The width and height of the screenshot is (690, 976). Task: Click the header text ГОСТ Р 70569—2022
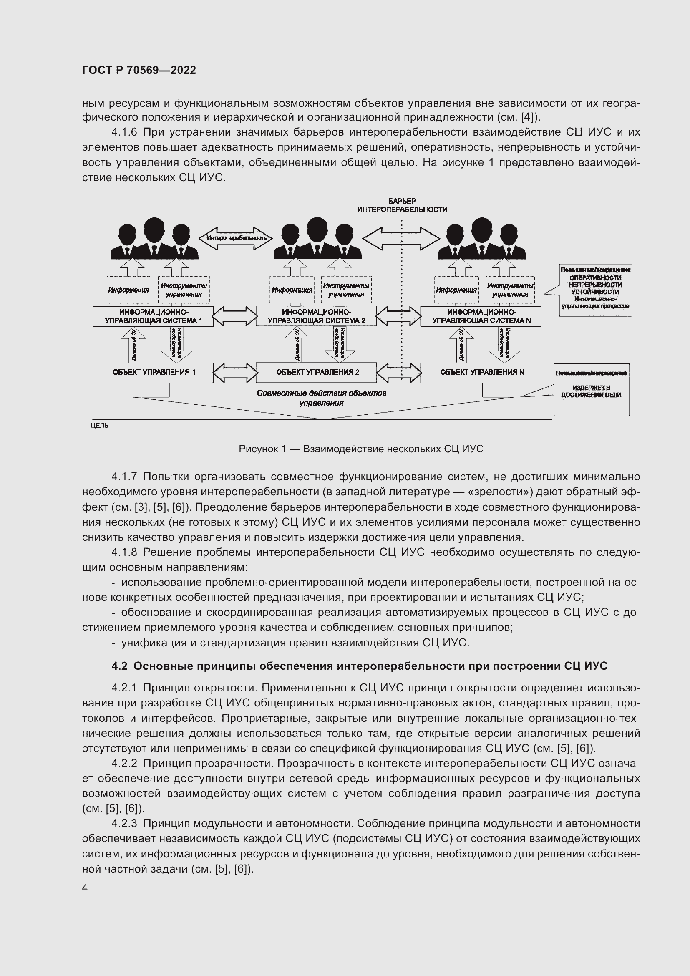coord(139,70)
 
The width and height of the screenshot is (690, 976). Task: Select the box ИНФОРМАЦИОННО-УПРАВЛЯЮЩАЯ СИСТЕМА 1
coord(153,316)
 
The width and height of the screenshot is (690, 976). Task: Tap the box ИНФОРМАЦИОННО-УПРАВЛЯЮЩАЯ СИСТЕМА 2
coord(316,316)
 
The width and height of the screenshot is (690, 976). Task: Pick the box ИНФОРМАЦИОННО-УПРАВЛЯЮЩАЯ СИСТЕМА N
coord(481,316)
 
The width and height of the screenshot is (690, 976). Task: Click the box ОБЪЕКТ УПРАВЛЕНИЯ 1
coord(153,372)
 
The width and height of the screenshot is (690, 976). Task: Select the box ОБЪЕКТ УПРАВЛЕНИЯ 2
coord(316,372)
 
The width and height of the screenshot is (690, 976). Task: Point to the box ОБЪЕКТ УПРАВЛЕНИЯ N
coord(481,372)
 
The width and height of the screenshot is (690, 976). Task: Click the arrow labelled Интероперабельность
coord(236,238)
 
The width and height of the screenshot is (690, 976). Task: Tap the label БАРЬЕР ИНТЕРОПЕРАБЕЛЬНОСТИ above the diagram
coord(402,205)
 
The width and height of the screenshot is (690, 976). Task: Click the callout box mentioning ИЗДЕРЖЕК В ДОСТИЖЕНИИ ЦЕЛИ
coord(591,389)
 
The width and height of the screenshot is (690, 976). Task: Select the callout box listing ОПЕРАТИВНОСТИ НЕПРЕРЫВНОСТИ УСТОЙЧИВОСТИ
coord(595,290)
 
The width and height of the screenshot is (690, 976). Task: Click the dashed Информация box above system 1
coord(128,290)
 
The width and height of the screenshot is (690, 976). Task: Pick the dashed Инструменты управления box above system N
coord(510,290)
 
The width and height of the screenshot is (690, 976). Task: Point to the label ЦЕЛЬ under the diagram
coord(99,426)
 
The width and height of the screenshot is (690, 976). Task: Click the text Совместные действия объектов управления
coord(321,398)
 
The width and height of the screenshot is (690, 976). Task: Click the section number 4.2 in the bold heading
coord(119,666)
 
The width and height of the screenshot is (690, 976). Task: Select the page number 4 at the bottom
coord(85,888)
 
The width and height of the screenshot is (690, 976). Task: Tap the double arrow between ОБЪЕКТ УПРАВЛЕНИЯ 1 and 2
coord(235,373)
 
